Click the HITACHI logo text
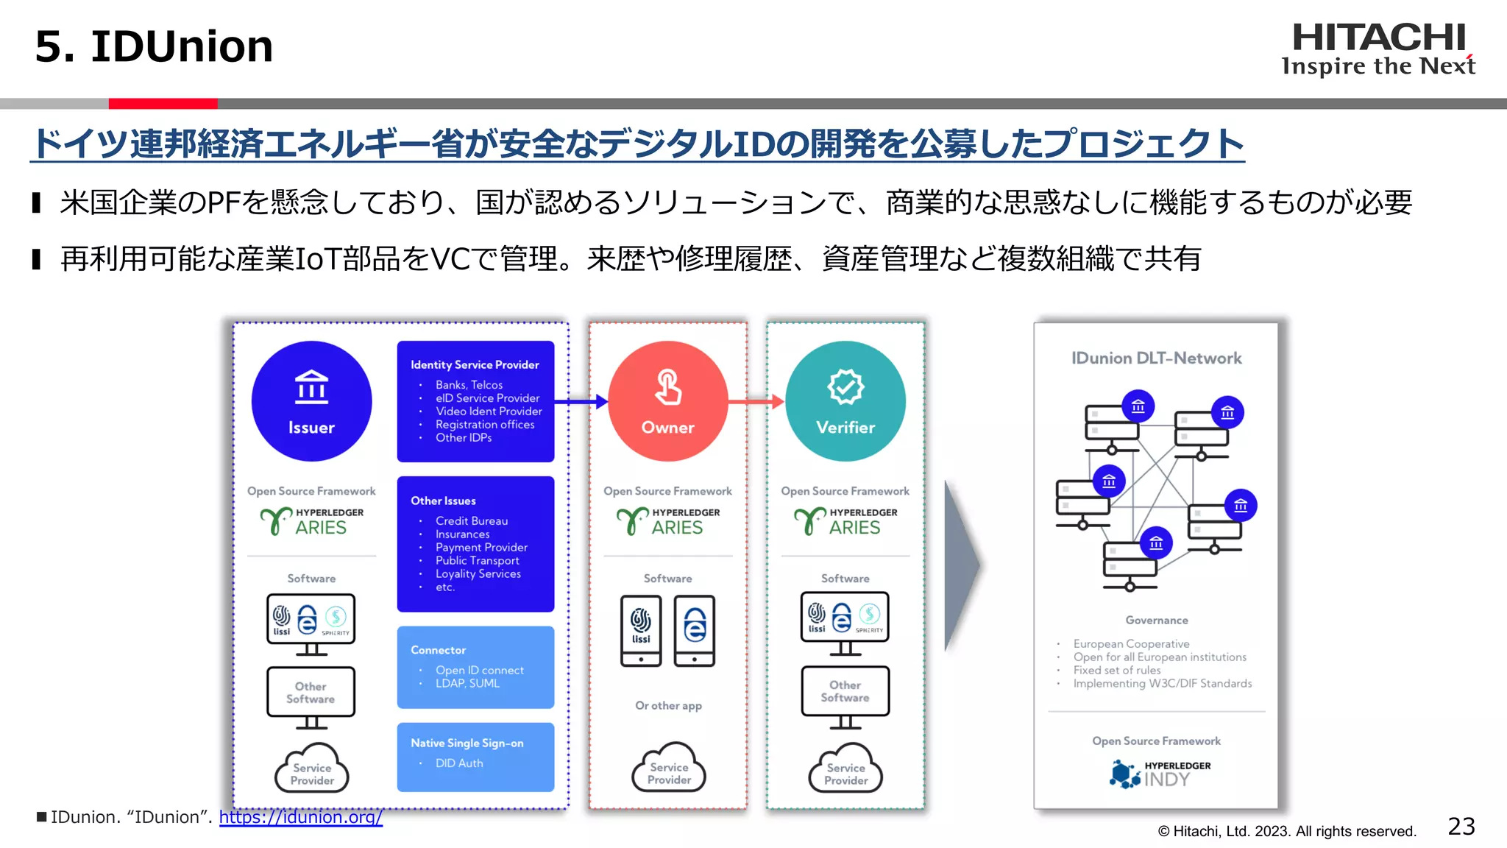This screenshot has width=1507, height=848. [x=1378, y=38]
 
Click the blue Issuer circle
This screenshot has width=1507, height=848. [x=311, y=401]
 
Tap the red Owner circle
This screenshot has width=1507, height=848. [x=667, y=401]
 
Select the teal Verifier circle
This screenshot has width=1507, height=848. [x=845, y=401]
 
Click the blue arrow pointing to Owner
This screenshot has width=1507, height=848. [x=581, y=402]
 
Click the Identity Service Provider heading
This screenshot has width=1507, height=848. [x=475, y=365]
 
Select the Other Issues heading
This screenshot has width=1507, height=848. [x=443, y=501]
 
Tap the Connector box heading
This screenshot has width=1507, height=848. [x=438, y=650]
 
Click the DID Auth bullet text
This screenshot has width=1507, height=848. [x=459, y=763]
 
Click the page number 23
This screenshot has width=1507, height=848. [x=1461, y=827]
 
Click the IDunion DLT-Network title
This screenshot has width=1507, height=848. [x=1156, y=358]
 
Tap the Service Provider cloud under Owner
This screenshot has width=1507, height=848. [x=669, y=770]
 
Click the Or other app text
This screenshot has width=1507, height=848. [x=668, y=705]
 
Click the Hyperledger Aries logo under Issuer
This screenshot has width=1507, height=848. [x=311, y=520]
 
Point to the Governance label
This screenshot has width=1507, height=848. [x=1156, y=621]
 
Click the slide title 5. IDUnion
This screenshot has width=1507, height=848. [x=154, y=46]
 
